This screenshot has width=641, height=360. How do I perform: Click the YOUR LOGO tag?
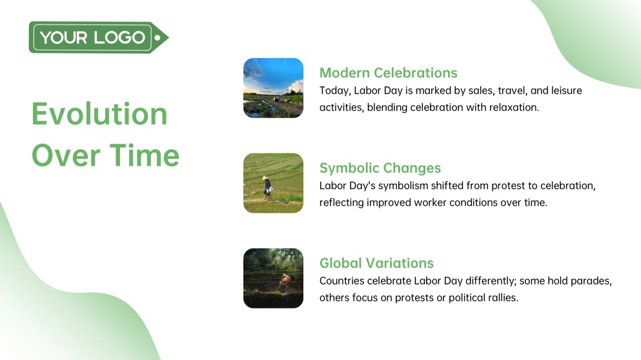tap(97, 37)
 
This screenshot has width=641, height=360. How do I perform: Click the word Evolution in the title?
tap(99, 114)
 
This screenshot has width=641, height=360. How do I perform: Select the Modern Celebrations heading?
tap(388, 72)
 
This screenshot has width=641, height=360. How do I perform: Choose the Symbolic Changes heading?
tap(380, 168)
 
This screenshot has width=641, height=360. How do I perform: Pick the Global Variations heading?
tap(376, 263)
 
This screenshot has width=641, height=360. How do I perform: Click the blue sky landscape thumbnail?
tap(273, 88)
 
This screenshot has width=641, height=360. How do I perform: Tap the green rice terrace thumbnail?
tap(273, 183)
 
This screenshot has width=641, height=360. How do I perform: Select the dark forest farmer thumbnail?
tap(273, 278)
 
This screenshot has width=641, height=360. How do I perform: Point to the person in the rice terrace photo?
tap(267, 186)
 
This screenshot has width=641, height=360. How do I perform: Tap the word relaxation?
tap(513, 107)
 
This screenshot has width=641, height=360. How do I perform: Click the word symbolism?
tap(398, 186)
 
